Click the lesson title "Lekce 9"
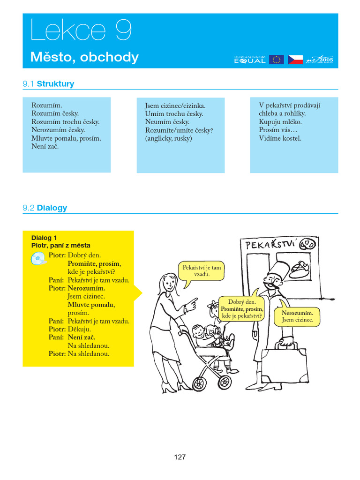tap(81, 31)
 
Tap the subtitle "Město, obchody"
tap(84, 57)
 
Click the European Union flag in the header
tap(276, 60)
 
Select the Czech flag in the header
tap(295, 60)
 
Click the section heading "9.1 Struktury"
tap(48, 84)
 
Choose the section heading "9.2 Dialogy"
tap(45, 208)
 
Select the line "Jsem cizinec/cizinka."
tap(175, 105)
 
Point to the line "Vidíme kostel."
tap(280, 138)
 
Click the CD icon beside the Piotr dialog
tap(38, 258)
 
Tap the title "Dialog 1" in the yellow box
tap(44, 238)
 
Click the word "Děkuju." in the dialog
tap(79, 329)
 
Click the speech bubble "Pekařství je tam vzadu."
tap(202, 270)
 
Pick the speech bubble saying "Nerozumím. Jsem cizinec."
tap(297, 316)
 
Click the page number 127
tap(180, 457)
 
